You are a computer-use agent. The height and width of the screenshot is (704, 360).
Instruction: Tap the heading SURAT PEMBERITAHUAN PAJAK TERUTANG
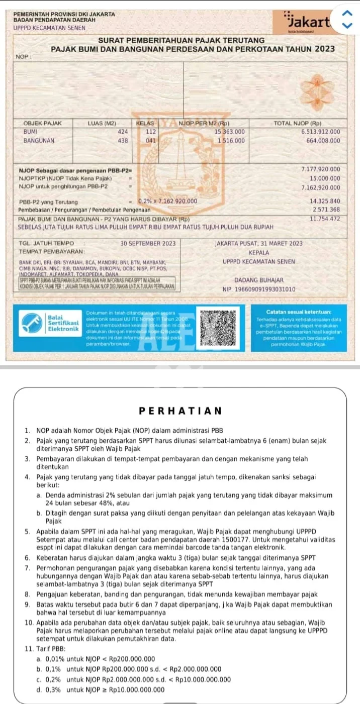click(182, 40)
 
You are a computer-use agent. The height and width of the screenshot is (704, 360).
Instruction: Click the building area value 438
click(123, 140)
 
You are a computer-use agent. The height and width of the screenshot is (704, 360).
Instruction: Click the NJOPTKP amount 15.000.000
click(325, 178)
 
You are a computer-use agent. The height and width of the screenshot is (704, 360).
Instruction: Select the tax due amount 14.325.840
click(325, 201)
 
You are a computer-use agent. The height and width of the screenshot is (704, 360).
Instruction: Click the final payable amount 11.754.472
click(325, 219)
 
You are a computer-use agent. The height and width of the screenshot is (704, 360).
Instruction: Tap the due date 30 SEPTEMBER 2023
click(148, 243)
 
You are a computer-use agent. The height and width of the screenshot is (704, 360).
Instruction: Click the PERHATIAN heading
click(180, 411)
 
